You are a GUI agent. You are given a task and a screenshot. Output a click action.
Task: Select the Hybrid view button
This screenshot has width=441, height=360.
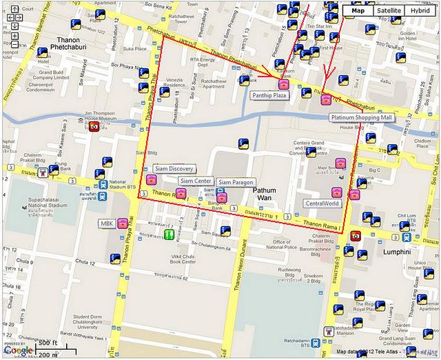(x=421, y=10)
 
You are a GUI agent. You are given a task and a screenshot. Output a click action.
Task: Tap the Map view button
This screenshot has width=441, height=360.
(x=358, y=10)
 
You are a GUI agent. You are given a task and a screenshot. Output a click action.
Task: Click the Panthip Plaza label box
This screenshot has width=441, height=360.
(x=268, y=96)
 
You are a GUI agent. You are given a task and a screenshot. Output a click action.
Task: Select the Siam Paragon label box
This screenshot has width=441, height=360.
(x=236, y=181)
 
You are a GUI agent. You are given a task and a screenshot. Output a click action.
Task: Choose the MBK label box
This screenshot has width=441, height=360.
(x=106, y=223)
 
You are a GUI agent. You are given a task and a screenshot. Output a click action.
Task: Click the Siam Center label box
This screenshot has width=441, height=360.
(x=196, y=181)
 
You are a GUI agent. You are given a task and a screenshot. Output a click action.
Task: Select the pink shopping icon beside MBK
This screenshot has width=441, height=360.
(x=121, y=223)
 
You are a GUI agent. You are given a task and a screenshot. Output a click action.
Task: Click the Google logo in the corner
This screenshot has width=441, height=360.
(x=18, y=350)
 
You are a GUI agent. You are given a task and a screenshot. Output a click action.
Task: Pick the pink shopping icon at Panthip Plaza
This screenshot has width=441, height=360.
(x=283, y=84)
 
